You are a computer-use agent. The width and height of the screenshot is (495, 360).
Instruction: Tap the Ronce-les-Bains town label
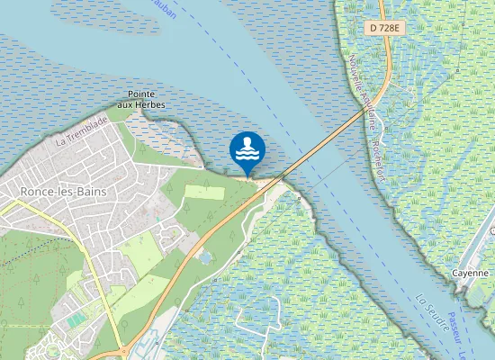(60, 191)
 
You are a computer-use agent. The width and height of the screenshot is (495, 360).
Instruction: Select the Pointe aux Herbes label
(147, 99)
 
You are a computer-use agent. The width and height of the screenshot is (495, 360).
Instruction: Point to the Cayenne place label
(470, 273)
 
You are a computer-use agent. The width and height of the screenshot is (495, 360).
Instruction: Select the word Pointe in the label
(144, 94)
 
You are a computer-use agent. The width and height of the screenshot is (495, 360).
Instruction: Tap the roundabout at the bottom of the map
(121, 350)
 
